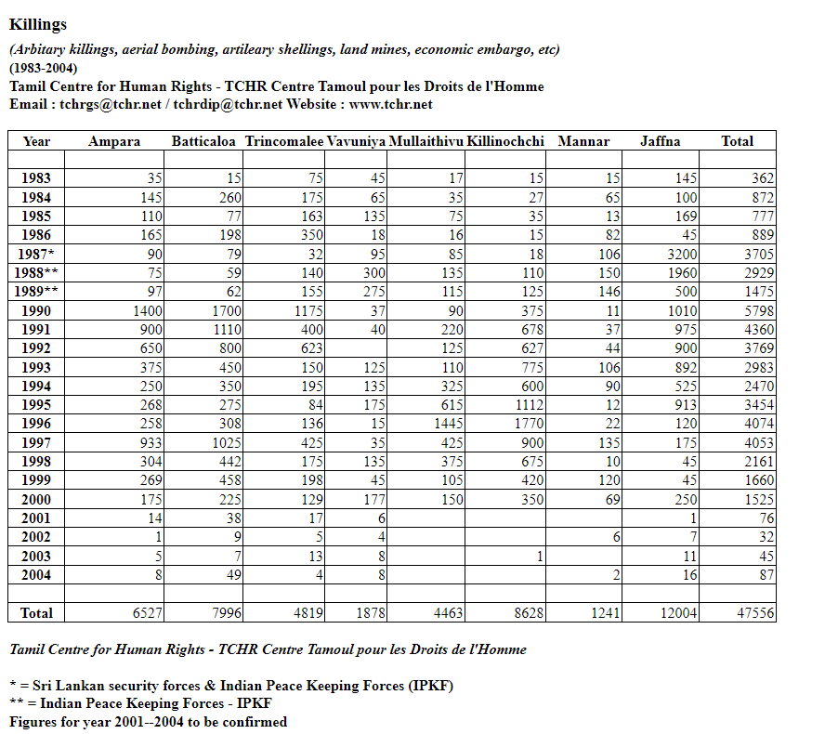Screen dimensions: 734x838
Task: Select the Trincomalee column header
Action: (284, 141)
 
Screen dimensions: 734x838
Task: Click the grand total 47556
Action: (753, 613)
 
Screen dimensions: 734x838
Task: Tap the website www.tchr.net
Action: (390, 104)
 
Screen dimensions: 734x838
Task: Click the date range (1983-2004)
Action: (44, 68)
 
